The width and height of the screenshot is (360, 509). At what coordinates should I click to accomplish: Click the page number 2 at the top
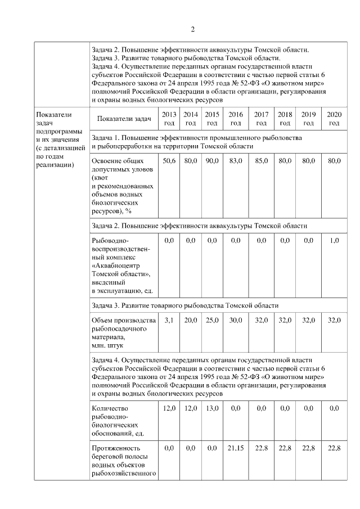tap(192, 29)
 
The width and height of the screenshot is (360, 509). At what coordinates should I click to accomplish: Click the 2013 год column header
tap(169, 119)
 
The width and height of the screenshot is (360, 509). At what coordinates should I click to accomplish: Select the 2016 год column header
tap(236, 119)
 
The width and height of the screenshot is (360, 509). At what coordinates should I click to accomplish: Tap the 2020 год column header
tap(334, 119)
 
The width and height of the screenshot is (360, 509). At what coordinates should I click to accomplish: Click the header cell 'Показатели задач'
tap(124, 119)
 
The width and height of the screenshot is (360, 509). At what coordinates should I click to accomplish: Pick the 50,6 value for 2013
tap(169, 161)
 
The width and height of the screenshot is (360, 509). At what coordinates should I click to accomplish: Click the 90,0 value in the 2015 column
tap(212, 161)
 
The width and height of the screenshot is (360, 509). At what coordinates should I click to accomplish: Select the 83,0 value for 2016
tap(236, 161)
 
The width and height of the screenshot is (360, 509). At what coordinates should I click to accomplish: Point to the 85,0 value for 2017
tap(261, 161)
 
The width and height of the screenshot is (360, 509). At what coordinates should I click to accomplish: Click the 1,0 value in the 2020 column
tap(334, 241)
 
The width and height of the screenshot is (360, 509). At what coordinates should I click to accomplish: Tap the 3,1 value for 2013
tap(169, 320)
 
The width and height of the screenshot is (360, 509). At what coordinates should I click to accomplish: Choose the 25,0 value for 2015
tap(212, 320)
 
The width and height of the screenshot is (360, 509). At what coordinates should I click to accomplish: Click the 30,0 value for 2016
tap(236, 320)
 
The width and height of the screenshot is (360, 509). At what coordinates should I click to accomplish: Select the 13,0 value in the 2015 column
tap(212, 408)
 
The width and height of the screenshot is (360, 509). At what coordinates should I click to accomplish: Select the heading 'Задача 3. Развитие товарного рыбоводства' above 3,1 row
tap(184, 305)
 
